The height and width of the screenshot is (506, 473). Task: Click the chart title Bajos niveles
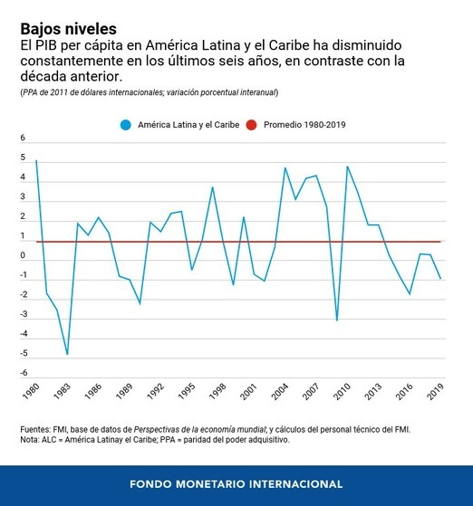[68, 28]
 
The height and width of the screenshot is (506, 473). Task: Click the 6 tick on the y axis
[24, 138]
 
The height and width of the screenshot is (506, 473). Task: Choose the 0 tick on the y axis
[24, 256]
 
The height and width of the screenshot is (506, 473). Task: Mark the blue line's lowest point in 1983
[67, 354]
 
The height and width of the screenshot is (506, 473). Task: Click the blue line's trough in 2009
[337, 320]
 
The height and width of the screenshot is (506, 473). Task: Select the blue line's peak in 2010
[347, 166]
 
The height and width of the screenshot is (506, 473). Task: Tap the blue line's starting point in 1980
[36, 160]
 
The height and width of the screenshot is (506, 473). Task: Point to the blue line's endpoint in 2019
[440, 279]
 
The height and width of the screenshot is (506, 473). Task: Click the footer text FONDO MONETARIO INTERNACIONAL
[236, 483]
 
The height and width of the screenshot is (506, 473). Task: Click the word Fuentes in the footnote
[37, 429]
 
